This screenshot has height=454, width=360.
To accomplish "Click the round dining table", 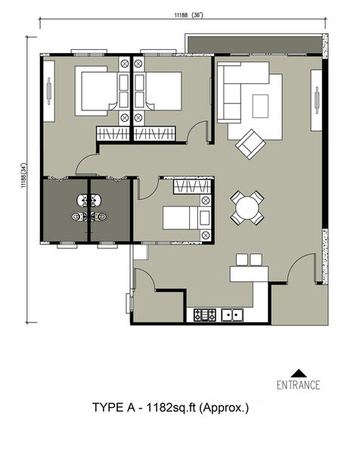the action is [247, 207].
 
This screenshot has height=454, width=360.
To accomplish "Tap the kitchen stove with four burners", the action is [205, 315].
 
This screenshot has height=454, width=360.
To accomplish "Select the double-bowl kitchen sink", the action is [232, 315].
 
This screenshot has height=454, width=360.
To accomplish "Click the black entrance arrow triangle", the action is [298, 373].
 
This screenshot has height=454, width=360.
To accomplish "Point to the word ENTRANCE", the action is [298, 385].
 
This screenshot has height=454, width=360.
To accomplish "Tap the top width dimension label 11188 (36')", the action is [188, 15].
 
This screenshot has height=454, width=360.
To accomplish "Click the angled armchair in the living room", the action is [250, 145].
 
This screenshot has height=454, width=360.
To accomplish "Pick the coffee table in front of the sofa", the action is [260, 106].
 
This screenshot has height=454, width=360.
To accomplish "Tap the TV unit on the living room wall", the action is [316, 100].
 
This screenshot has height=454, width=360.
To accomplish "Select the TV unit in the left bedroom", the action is [49, 91].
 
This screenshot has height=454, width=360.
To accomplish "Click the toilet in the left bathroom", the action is [79, 216].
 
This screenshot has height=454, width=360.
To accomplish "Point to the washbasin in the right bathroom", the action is [96, 200].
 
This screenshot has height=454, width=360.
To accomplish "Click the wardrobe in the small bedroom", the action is [192, 187].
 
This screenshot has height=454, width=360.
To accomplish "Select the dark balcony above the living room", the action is [255, 45].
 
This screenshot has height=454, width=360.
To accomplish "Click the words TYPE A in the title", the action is [113, 407].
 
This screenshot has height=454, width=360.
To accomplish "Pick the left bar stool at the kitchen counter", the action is [242, 260].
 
